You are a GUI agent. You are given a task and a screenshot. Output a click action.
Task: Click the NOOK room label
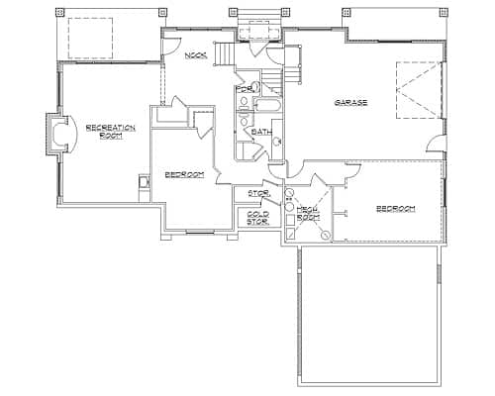click(195, 54)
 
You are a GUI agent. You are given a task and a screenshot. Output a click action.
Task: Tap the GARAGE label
click(350, 102)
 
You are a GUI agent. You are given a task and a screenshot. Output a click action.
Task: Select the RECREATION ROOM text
click(103, 131)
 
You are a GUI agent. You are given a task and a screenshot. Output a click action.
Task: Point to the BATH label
click(261, 131)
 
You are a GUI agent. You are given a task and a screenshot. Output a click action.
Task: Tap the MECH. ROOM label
click(308, 211)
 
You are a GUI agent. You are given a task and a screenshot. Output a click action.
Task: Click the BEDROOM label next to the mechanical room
click(394, 209)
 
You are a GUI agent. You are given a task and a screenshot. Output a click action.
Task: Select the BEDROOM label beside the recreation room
click(184, 174)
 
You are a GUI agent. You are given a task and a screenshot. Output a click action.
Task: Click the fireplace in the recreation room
click(59, 133)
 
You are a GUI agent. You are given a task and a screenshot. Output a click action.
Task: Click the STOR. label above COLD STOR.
click(258, 193)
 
